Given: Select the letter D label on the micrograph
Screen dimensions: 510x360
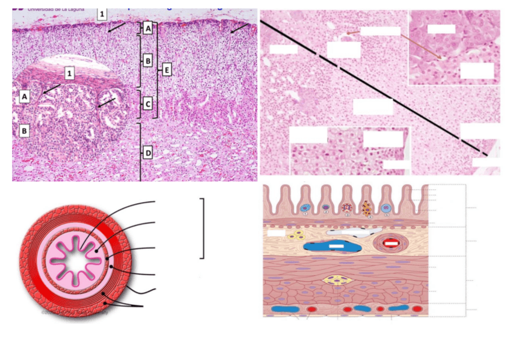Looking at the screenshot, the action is pos(148,153).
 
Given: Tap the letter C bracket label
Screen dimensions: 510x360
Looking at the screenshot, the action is pos(148,104).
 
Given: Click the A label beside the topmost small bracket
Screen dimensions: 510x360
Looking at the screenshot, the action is pos(148,28).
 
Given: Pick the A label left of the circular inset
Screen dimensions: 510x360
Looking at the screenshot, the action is pos(25,96).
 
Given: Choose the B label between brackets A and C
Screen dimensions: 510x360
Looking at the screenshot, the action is pos(148,60).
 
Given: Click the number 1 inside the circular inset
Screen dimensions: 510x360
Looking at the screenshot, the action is pos(70,73).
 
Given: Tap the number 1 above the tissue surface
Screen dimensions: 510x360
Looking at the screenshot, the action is pos(103,13).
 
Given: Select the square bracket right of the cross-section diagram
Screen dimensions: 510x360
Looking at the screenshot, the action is pos(203,228).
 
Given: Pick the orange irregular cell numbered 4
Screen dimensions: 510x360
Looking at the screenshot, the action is pos(367,209).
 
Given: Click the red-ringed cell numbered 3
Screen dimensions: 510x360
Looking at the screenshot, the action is pos(347,209).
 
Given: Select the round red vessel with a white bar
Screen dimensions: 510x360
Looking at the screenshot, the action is pos(391,243).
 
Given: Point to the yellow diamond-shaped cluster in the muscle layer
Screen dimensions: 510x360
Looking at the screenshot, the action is pos(334,279).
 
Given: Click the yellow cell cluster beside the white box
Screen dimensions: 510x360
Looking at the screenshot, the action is pos(295,235).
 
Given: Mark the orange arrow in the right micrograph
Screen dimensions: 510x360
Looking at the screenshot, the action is pos(395,46).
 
